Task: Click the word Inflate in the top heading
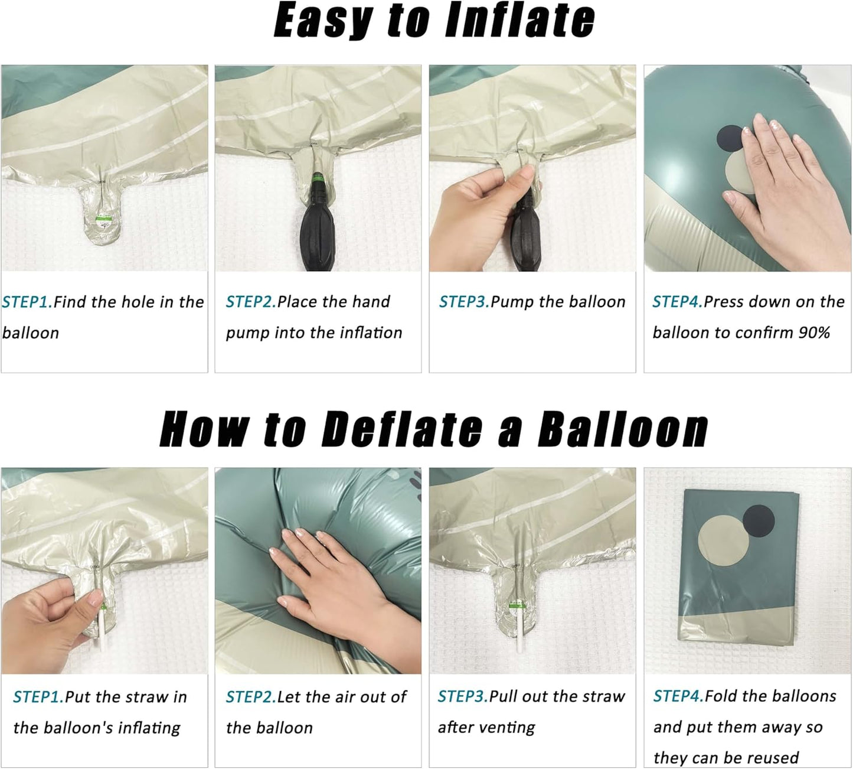tap(519, 21)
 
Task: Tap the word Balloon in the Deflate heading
tap(623, 429)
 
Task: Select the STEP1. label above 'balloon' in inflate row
tap(27, 302)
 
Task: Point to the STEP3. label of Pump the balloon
tap(465, 302)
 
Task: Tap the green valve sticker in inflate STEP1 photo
tap(103, 219)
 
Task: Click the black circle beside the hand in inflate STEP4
tap(730, 141)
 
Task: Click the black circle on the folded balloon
tap(759, 521)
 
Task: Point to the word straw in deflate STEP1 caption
tap(149, 697)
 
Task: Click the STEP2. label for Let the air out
tap(251, 697)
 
